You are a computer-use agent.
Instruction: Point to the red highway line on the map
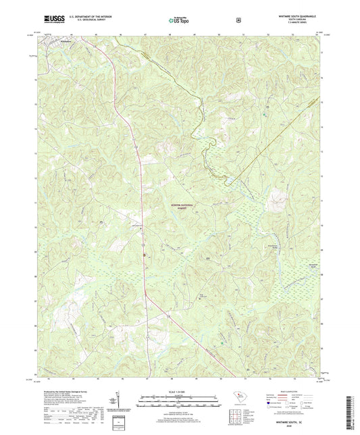pyautogui.click(x=140, y=203)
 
